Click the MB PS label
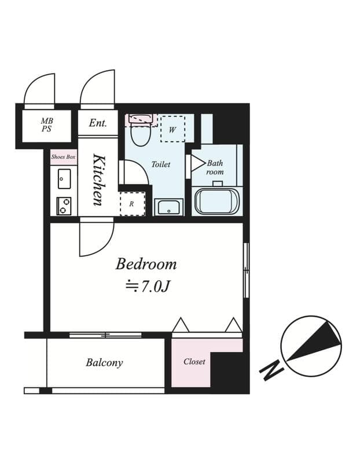point(46,125)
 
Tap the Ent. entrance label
point(98,123)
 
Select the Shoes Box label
point(63,157)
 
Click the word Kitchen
point(98,180)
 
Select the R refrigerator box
point(132,204)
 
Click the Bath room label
point(215,167)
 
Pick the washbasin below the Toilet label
point(168,207)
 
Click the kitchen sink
point(64,179)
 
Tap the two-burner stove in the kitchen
point(64,205)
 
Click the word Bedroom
point(146,264)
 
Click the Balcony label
point(104,363)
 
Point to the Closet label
point(194,362)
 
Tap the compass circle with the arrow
point(311,346)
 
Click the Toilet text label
point(161,164)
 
